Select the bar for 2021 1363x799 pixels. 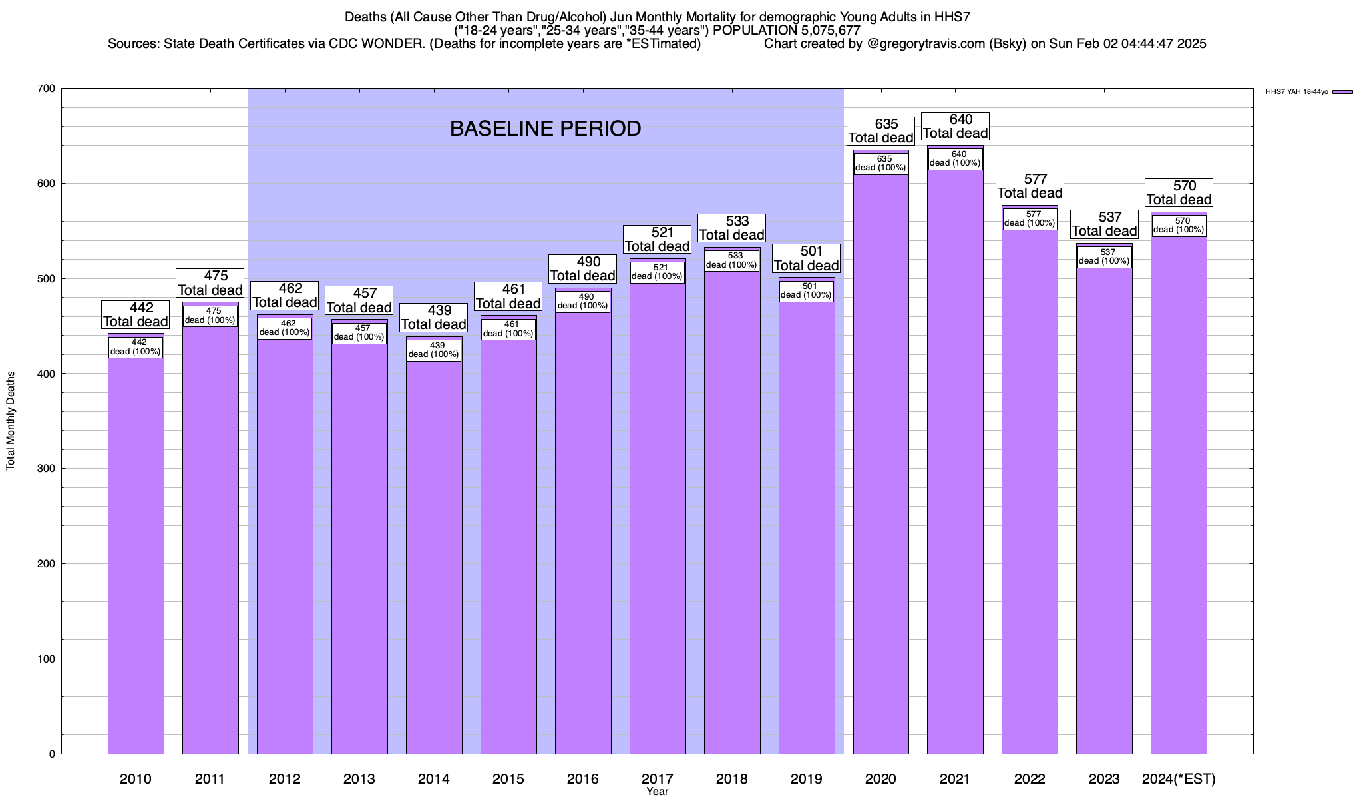pos(955,466)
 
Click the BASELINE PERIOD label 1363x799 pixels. pos(545,129)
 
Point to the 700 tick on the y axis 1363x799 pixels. pos(47,89)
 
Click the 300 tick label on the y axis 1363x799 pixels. pos(47,469)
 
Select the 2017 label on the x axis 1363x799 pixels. pos(657,779)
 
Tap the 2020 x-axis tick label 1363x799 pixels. pos(880,779)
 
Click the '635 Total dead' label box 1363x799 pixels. pos(880,131)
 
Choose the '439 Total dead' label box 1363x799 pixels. pos(434,318)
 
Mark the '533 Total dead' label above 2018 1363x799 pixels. pos(731,228)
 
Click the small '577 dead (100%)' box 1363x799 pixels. pos(1030,219)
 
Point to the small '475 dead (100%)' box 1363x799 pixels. pos(210,316)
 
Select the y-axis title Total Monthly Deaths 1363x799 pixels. pos(11,421)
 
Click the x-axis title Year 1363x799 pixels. pos(657,792)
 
